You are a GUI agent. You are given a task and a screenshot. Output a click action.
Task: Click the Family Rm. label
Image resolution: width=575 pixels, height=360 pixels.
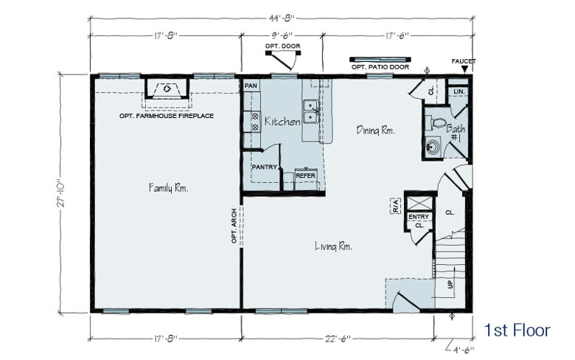pos(168,188)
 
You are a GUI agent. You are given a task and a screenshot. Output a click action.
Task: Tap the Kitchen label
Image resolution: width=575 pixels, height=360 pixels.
pos(282,122)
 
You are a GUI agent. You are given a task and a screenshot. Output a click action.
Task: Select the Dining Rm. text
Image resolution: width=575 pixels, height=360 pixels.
pos(375,131)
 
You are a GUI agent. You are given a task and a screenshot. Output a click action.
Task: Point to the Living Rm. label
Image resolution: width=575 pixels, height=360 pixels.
pos(333,246)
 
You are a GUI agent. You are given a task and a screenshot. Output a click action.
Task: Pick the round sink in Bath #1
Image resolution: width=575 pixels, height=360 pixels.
pos(433,147)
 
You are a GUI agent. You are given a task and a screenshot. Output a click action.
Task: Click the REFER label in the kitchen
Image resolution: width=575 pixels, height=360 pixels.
pos(305,176)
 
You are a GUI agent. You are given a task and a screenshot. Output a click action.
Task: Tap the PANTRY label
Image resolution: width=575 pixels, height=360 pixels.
pos(264,167)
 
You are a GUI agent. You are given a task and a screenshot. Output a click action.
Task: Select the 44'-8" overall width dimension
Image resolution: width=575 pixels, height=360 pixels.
pos(282,17)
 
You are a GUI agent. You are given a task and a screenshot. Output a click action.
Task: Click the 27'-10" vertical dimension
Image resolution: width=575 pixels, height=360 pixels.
pos(61,194)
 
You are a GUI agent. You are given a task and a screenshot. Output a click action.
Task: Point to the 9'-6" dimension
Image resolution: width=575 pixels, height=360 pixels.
pos(282,35)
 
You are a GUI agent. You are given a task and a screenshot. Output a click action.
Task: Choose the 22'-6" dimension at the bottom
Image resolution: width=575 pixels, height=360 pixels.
pos(338,339)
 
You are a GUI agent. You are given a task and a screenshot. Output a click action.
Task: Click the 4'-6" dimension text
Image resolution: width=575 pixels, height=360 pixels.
pos(464,350)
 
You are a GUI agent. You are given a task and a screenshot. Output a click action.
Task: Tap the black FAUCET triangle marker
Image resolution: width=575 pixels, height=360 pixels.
pos(464,70)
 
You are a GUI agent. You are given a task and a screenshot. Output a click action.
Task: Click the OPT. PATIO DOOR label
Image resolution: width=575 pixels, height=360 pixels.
pos(380,67)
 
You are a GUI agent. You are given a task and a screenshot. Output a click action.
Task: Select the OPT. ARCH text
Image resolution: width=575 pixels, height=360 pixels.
pos(234,226)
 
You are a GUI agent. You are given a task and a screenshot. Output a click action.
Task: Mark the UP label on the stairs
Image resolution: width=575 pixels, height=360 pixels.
pos(450,284)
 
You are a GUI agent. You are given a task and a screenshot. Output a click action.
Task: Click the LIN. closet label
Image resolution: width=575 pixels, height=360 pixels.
pos(459,91)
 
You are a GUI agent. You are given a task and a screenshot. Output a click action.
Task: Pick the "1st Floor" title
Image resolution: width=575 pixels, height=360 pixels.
pos(517,330)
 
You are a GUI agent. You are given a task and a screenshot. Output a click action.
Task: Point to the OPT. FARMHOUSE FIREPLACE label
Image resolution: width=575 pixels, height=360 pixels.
pos(167,116)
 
